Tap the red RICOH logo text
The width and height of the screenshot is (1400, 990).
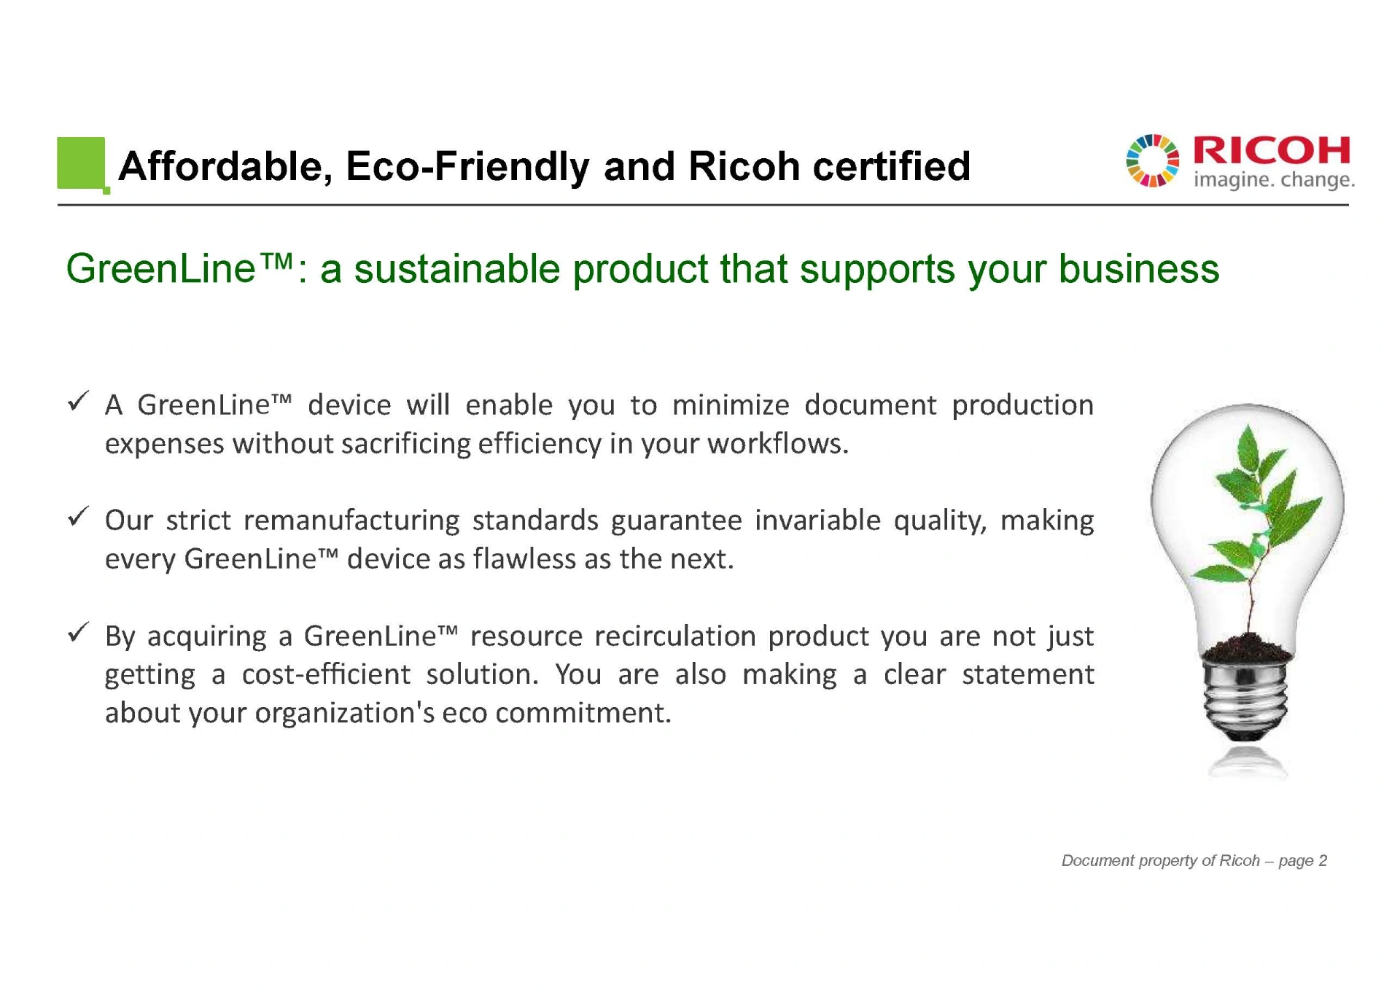(1272, 151)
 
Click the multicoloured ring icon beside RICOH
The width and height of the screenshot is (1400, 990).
(1152, 160)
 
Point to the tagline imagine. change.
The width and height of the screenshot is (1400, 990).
(1274, 179)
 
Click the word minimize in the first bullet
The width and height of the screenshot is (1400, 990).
(731, 405)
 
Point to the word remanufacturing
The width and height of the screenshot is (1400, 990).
(351, 521)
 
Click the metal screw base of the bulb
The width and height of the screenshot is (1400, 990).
(1246, 696)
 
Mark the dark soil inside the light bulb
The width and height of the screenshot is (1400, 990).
(1248, 647)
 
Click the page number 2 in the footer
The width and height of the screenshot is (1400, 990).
(1323, 861)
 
